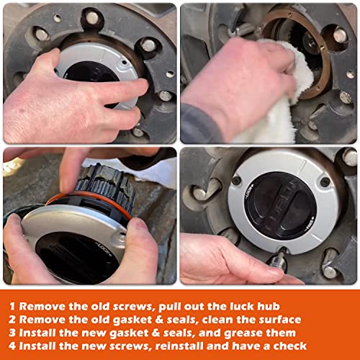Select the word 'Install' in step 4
coord(45,346)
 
